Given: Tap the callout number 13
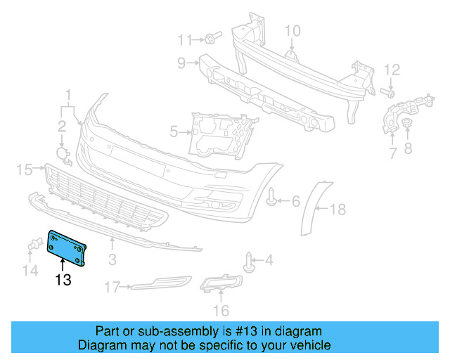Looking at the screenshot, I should [x=63, y=281].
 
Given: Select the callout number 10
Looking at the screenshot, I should [x=292, y=30].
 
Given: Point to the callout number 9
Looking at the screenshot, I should [x=181, y=64].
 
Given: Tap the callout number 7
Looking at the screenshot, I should [x=392, y=151].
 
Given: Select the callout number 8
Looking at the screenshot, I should [x=408, y=148].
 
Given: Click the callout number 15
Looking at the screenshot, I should [x=25, y=169].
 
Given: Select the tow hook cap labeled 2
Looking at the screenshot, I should [x=63, y=154].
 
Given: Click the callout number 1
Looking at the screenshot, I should [x=69, y=95].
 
